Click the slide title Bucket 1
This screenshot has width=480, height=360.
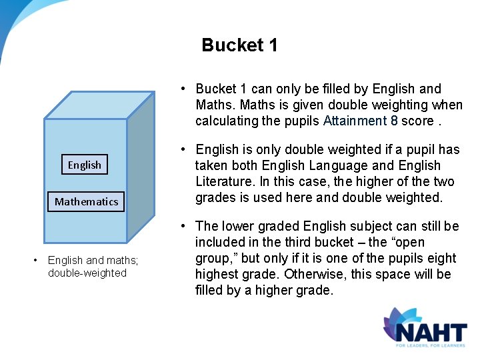[239, 45]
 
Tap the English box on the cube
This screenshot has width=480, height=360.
[85, 165]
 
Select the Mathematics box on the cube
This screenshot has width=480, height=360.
[86, 201]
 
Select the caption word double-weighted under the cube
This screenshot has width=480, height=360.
[87, 273]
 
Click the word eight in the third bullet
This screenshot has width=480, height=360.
[443, 258]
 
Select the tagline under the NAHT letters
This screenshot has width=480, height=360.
[431, 345]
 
